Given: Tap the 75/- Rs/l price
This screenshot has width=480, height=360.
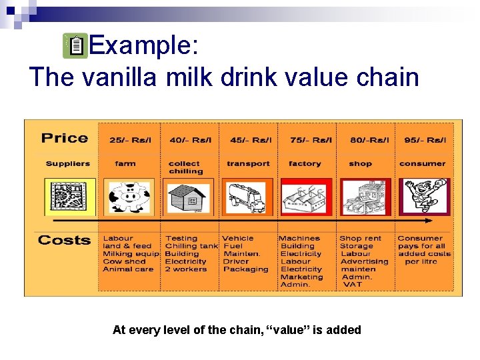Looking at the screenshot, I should [307, 140].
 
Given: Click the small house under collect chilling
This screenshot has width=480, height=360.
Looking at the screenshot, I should [187, 197].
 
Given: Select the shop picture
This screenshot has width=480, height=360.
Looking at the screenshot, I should [365, 197].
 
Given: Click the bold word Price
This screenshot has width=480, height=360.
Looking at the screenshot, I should [65, 138].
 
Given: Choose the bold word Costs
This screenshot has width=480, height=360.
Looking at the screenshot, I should [64, 240].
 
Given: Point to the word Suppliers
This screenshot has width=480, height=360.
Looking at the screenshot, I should [67, 163].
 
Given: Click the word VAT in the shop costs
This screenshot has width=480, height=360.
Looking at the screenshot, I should [352, 285].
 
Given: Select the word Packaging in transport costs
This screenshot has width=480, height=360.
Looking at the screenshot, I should [245, 269].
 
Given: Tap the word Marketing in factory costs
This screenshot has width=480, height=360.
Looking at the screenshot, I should [301, 277].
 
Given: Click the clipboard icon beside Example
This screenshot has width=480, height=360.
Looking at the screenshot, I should [77, 47].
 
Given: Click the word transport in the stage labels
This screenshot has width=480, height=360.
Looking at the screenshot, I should [248, 163].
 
